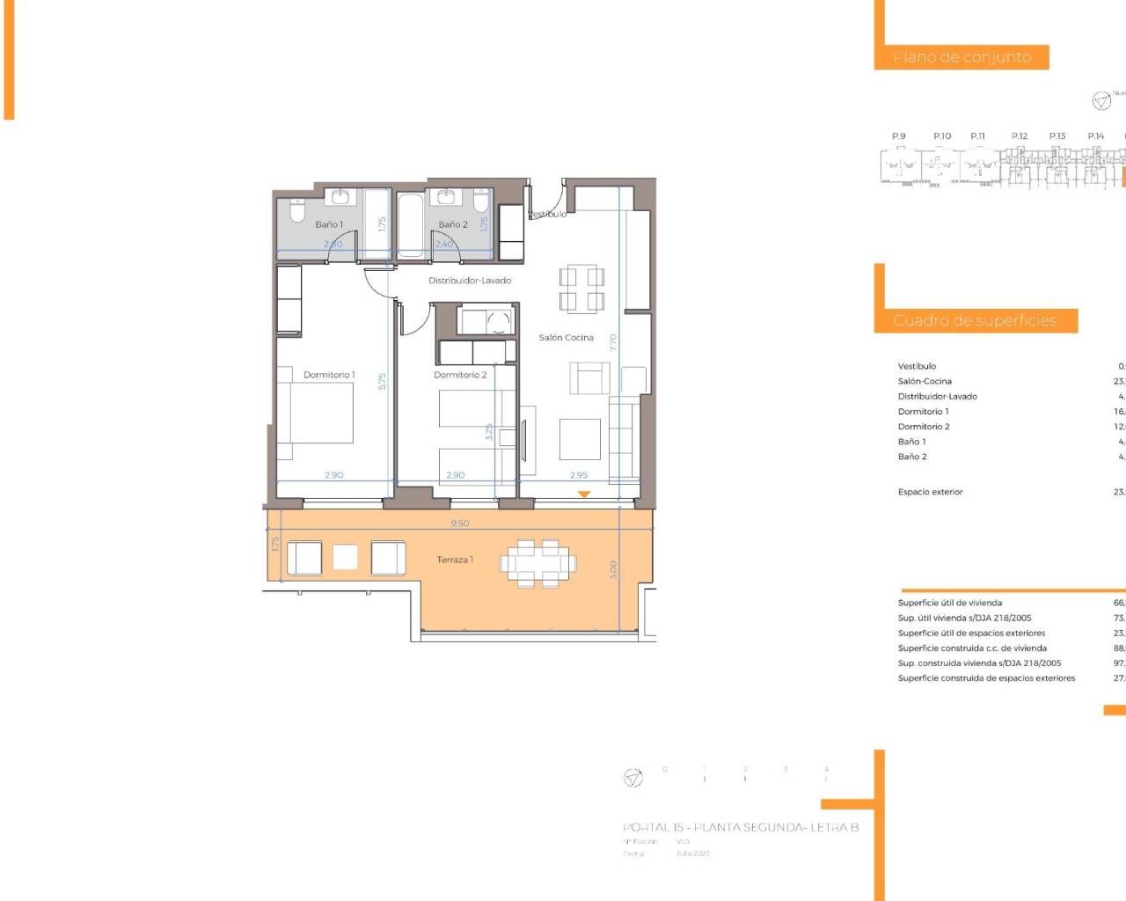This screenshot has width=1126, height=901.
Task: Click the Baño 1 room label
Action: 329,224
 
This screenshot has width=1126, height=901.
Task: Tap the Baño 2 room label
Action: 453,224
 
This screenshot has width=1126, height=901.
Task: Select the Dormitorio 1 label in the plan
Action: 329,375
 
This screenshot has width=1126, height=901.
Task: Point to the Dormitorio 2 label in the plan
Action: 460,375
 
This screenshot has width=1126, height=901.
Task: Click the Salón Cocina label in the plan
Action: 566,338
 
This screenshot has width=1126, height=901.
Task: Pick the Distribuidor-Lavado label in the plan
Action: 470,281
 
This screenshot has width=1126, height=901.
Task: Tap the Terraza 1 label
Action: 455,560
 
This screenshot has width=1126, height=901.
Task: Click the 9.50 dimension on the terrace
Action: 460,524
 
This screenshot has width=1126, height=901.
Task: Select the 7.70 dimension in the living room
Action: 613,342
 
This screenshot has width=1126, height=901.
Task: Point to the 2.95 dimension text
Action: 579,475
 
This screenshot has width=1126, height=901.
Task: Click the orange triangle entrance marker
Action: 583,494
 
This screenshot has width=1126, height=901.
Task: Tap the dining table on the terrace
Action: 538,563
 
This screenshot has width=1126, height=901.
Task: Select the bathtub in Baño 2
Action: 411,224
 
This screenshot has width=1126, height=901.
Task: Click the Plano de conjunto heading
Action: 961,57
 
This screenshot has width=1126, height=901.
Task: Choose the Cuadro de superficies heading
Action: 975,320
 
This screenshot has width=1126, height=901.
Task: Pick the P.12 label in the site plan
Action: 1020,136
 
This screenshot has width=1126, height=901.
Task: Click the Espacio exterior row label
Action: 930,492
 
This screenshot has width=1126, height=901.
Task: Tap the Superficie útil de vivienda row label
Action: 949,603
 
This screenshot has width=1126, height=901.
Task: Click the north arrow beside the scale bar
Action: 632,778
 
